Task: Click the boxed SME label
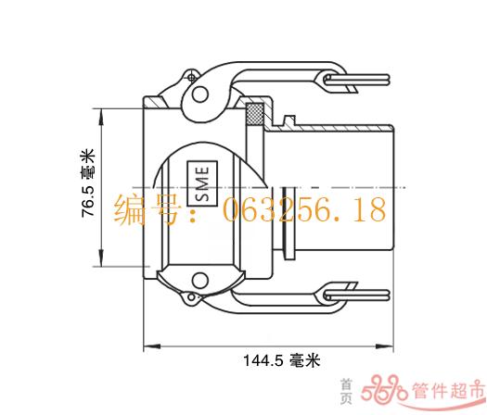click(x=202, y=183)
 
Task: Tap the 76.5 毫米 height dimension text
click(x=87, y=183)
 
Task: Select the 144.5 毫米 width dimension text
click(x=281, y=360)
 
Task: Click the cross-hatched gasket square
click(x=255, y=113)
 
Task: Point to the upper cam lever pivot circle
click(x=199, y=94)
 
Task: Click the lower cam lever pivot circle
click(x=199, y=281)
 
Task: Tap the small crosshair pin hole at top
click(x=192, y=77)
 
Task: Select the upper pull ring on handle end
click(x=356, y=79)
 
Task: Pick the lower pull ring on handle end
click(x=356, y=295)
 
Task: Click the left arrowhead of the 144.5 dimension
click(x=151, y=346)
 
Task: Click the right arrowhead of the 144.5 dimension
click(x=385, y=346)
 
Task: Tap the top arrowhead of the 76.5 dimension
click(x=101, y=118)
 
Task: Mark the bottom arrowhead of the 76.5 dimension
click(x=101, y=258)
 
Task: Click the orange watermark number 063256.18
click(x=304, y=210)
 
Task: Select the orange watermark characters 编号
click(x=147, y=209)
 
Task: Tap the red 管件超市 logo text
click(x=448, y=391)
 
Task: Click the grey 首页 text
click(x=346, y=391)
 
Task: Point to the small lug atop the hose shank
click(x=289, y=120)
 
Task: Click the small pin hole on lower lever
click(x=192, y=297)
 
